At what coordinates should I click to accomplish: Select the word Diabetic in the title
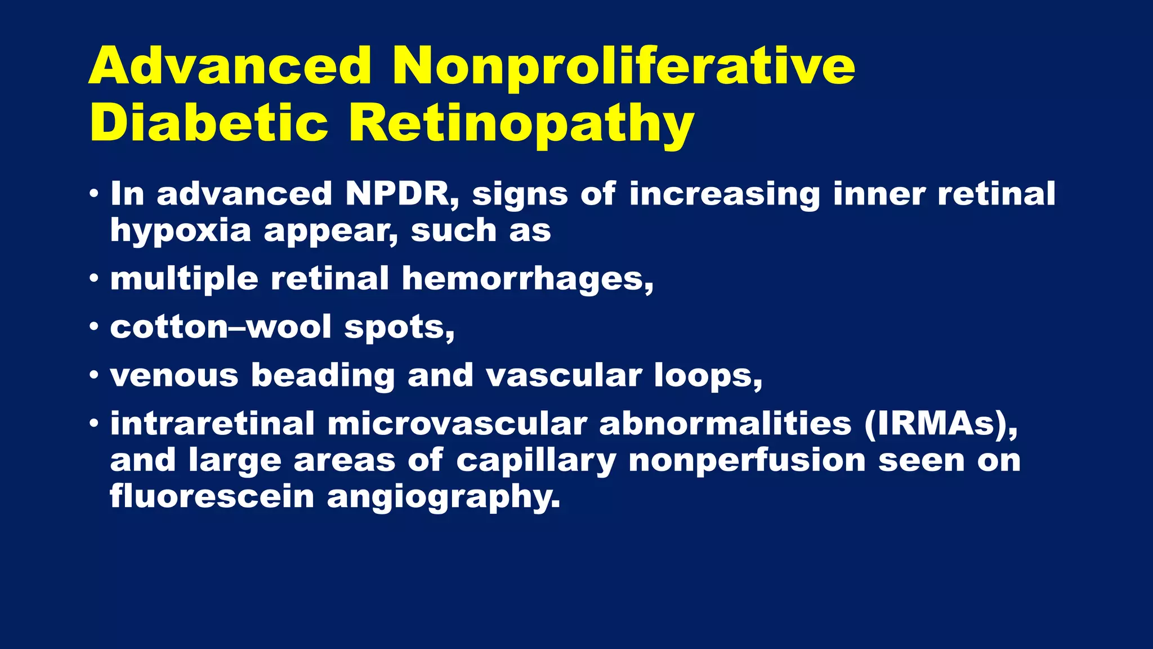tap(209, 123)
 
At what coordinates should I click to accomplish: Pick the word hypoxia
tap(180, 231)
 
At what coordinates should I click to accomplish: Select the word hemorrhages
tap(528, 279)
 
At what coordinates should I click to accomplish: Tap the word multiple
tap(184, 279)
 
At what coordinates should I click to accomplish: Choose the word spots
tap(399, 328)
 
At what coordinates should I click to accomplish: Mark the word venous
tap(174, 375)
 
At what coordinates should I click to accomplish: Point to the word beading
tap(323, 376)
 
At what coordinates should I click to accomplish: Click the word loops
tap(708, 376)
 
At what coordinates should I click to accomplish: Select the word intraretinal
tap(212, 424)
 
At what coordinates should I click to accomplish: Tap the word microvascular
tap(457, 424)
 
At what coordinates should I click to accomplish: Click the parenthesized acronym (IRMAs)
tap(941, 424)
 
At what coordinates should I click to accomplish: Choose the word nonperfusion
tap(747, 461)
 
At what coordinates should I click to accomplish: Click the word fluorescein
tap(212, 497)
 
